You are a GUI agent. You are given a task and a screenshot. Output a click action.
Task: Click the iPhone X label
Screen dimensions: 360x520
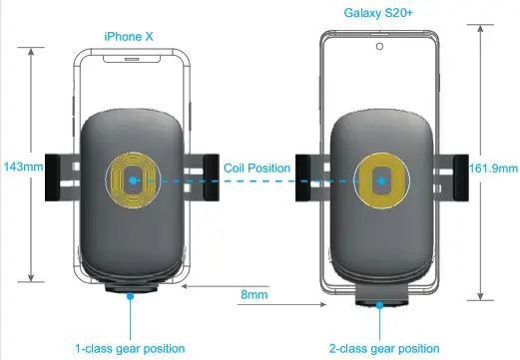[x=131, y=36]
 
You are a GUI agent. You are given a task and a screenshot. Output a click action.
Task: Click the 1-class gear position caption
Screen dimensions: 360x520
[x=131, y=348]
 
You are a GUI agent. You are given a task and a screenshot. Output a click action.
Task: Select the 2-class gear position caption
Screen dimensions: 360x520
[x=384, y=348]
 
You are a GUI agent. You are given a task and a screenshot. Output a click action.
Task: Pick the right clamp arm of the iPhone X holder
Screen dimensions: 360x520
[x=206, y=177]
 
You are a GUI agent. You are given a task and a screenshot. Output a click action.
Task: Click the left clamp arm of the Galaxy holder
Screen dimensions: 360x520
[x=310, y=180]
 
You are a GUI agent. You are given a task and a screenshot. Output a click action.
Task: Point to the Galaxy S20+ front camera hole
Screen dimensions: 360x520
[x=380, y=46]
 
